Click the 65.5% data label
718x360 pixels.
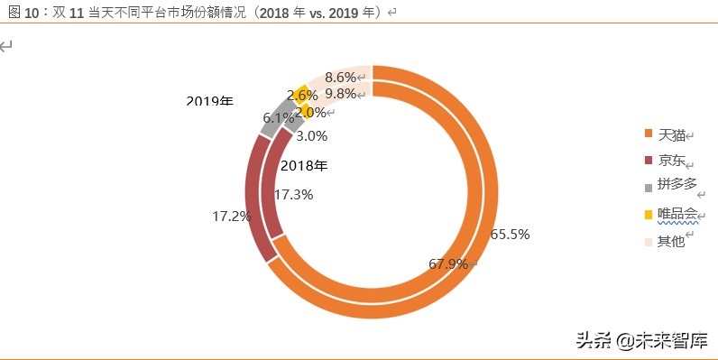(510, 234)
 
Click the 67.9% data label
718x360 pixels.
(448, 264)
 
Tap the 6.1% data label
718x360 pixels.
(278, 118)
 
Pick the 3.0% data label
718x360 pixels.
(311, 136)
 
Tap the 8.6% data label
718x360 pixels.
(341, 78)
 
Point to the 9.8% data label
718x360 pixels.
(341, 94)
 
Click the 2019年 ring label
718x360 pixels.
(209, 101)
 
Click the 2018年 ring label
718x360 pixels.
(304, 165)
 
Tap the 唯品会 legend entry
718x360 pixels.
(677, 214)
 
